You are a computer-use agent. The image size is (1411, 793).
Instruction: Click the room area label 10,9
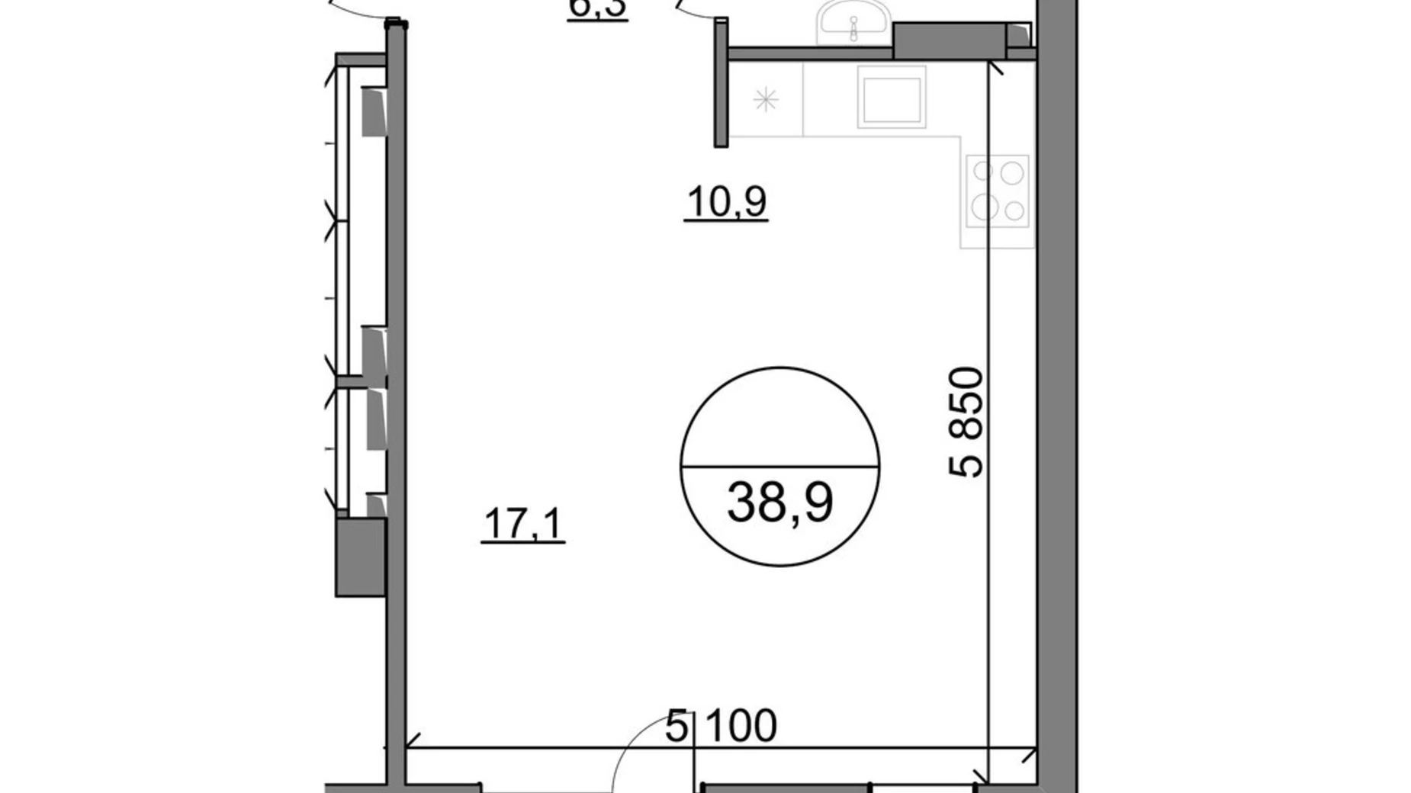click(x=726, y=202)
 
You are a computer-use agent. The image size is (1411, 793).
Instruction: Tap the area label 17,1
click(x=523, y=525)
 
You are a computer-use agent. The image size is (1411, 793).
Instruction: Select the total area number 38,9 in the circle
click(x=779, y=502)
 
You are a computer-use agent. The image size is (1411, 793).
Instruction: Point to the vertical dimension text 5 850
click(x=967, y=422)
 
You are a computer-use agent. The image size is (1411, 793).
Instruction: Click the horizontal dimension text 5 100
click(x=721, y=725)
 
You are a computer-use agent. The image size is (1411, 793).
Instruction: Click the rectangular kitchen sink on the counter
click(x=891, y=96)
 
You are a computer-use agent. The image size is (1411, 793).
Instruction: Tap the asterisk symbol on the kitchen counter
click(x=766, y=100)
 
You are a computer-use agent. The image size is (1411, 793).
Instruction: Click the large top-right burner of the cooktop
click(x=1011, y=173)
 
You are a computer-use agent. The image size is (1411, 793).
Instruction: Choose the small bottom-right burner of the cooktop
click(x=1014, y=210)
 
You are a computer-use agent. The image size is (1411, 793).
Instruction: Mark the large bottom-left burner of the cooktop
click(x=984, y=206)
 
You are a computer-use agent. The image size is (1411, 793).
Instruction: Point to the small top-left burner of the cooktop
click(x=983, y=172)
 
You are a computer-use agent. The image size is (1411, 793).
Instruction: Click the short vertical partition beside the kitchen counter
click(x=721, y=82)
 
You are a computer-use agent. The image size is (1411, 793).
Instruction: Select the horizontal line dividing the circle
click(x=779, y=466)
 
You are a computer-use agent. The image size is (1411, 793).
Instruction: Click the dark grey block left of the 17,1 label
click(x=361, y=557)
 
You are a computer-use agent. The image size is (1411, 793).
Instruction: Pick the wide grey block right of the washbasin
click(x=949, y=39)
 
